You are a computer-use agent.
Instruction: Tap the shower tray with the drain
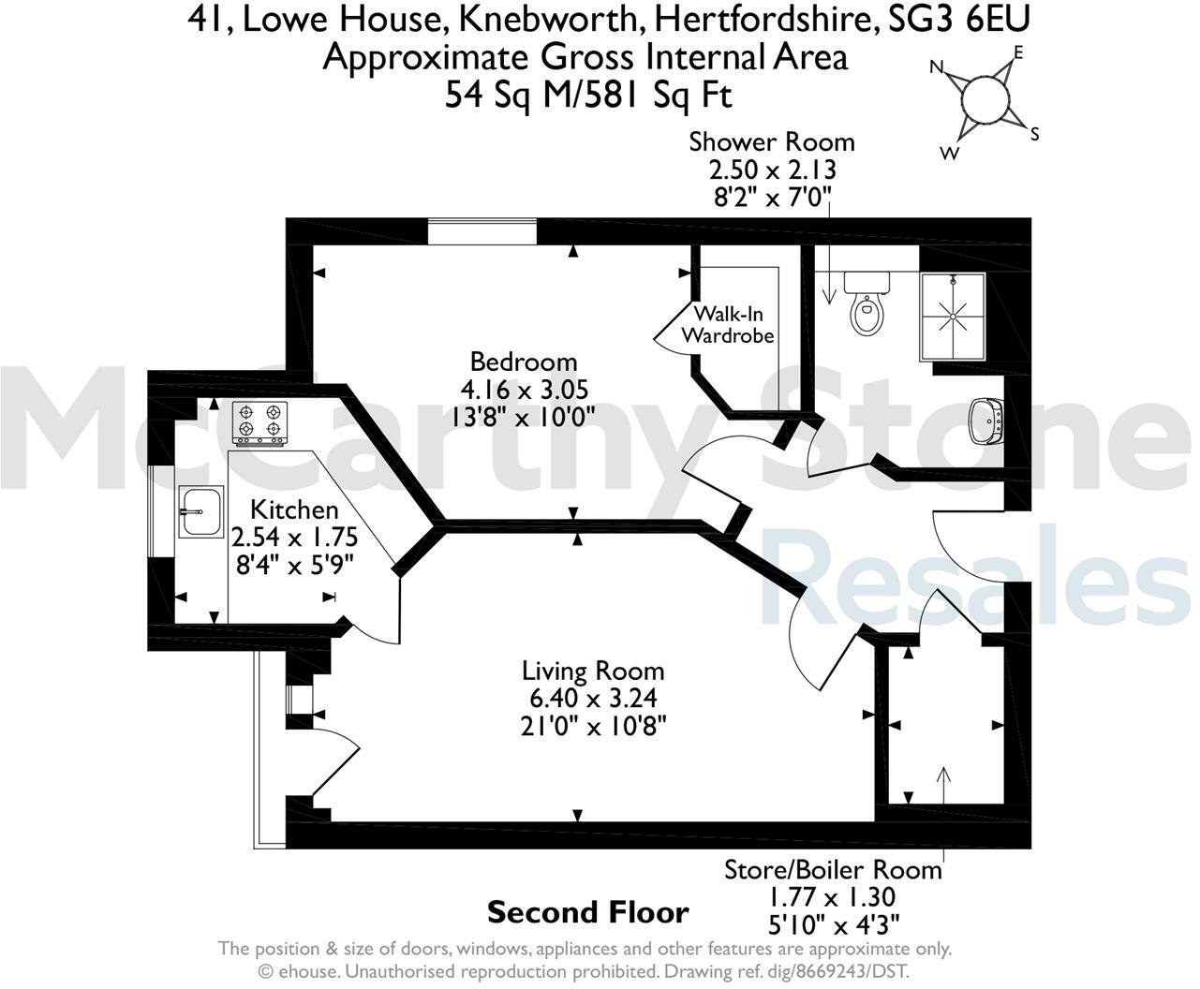pos(953,317)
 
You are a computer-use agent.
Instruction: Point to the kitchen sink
pos(201,511)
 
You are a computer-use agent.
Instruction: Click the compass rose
pos(985,100)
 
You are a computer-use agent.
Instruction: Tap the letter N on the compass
pos(935,67)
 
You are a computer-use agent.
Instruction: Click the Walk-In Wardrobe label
pos(728,324)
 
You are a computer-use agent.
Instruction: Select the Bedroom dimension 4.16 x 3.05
pos(524,389)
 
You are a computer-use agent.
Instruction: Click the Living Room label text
pos(593,671)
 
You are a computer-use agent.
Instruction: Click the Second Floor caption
pos(587,911)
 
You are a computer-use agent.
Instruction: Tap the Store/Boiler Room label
pos(832,869)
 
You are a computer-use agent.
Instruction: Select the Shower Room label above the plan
pos(771,142)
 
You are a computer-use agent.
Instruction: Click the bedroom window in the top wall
pos(482,231)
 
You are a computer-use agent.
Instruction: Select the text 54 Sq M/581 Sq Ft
pos(587,95)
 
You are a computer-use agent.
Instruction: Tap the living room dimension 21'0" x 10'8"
pos(593,725)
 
